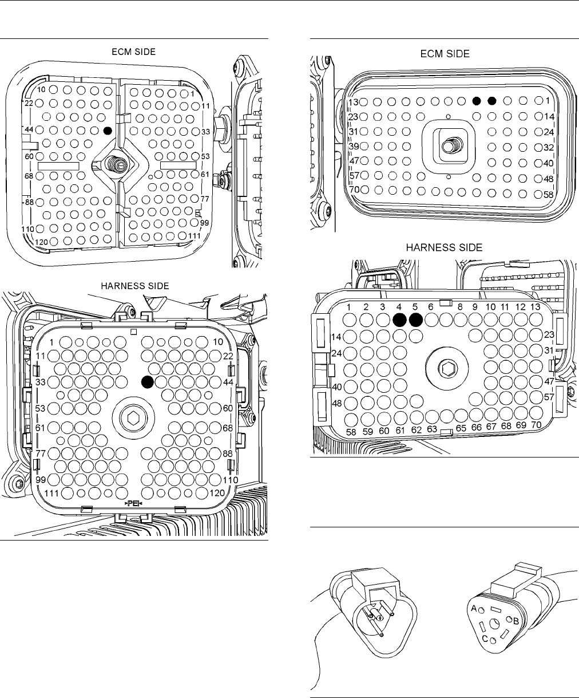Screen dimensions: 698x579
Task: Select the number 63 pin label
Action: click(432, 428)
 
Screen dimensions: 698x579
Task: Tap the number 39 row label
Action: click(354, 146)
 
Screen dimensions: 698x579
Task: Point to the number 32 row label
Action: click(549, 146)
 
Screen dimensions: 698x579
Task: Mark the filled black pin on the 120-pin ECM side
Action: click(107, 131)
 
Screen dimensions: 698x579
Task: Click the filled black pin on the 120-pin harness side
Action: click(148, 381)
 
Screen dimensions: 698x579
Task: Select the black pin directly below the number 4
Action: click(400, 320)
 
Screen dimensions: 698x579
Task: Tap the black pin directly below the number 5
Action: click(416, 320)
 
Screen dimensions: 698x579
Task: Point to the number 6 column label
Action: click(431, 307)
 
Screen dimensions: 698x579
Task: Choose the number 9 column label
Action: click(474, 307)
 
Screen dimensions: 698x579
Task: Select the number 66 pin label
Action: click(475, 427)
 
